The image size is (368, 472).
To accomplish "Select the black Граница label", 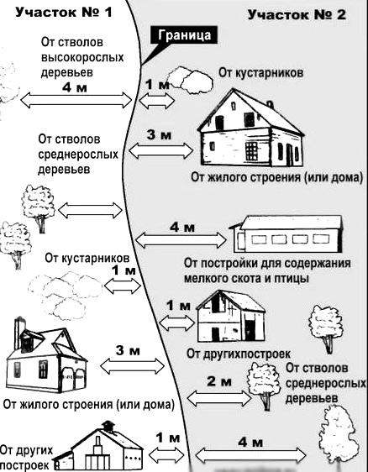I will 182,35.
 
